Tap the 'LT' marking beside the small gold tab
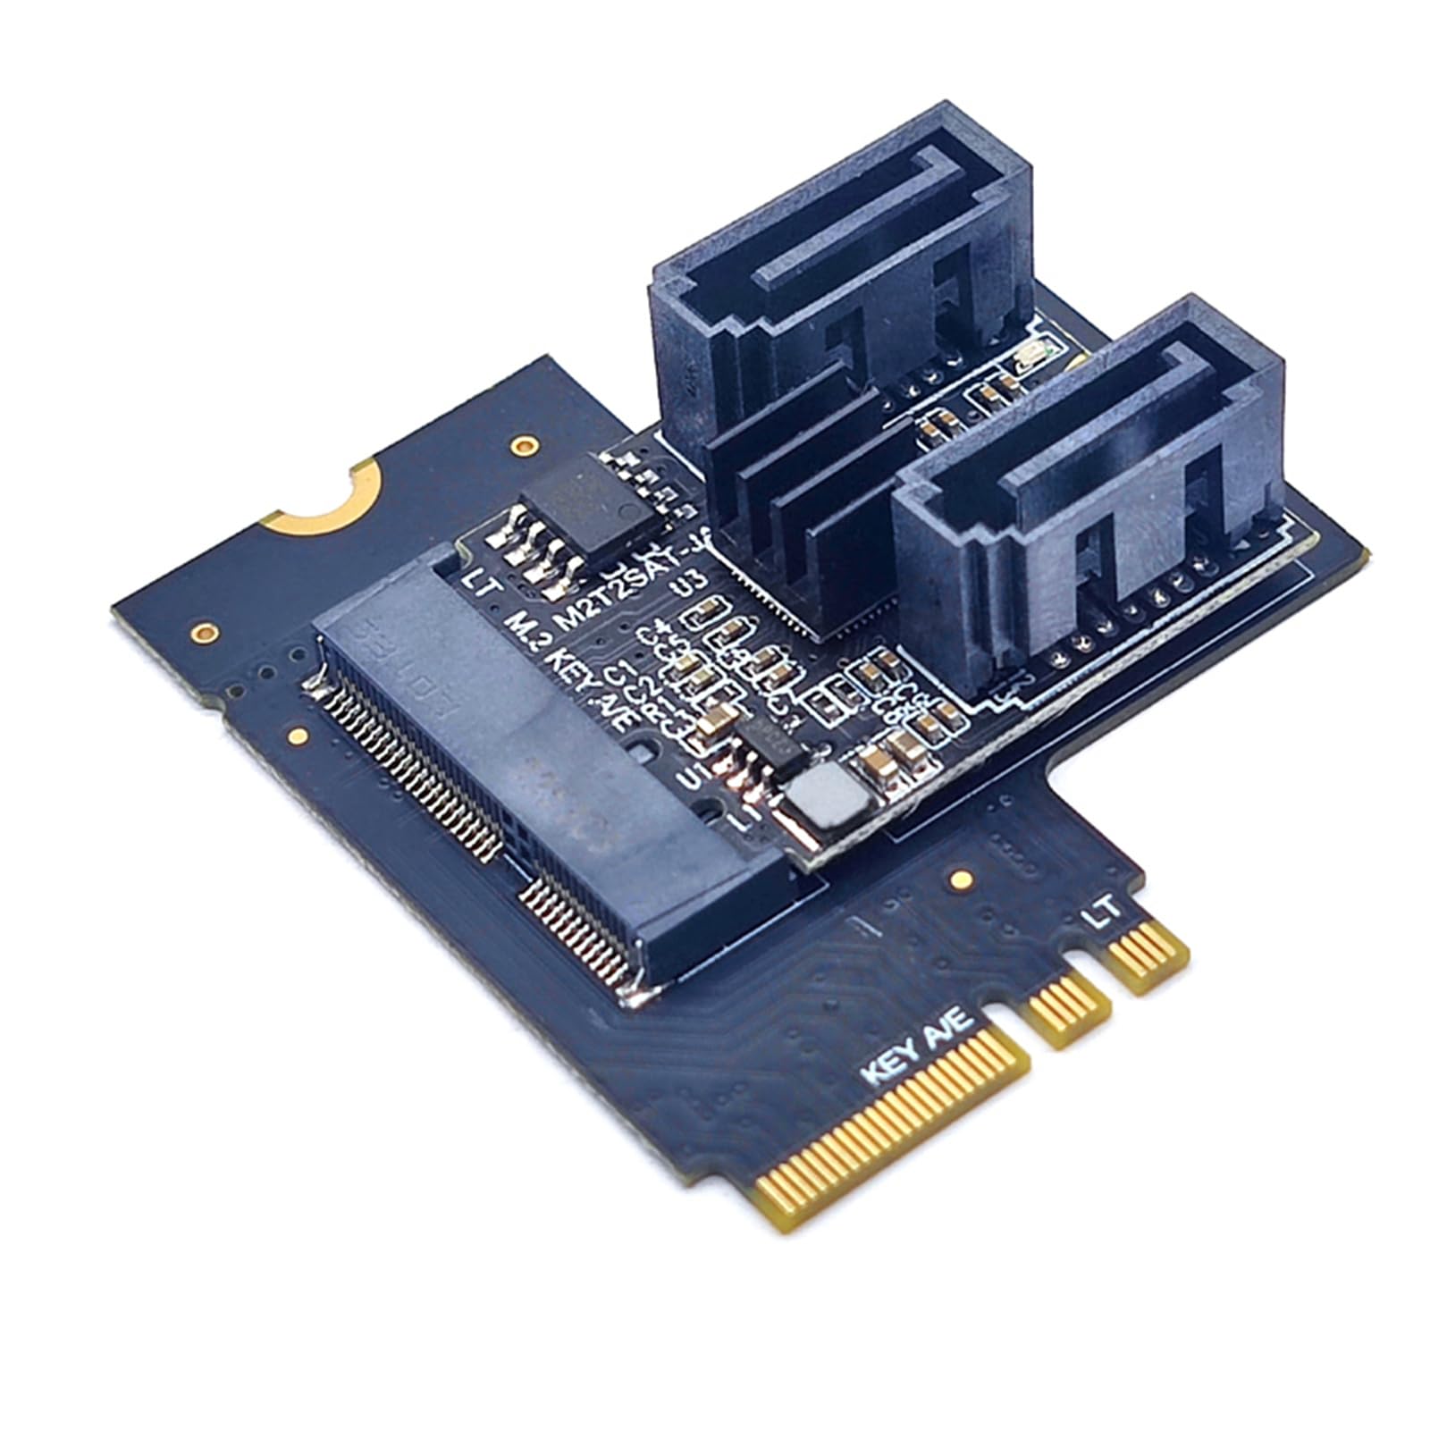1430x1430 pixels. pos(1101,912)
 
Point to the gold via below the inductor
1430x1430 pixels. pos(962,879)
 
